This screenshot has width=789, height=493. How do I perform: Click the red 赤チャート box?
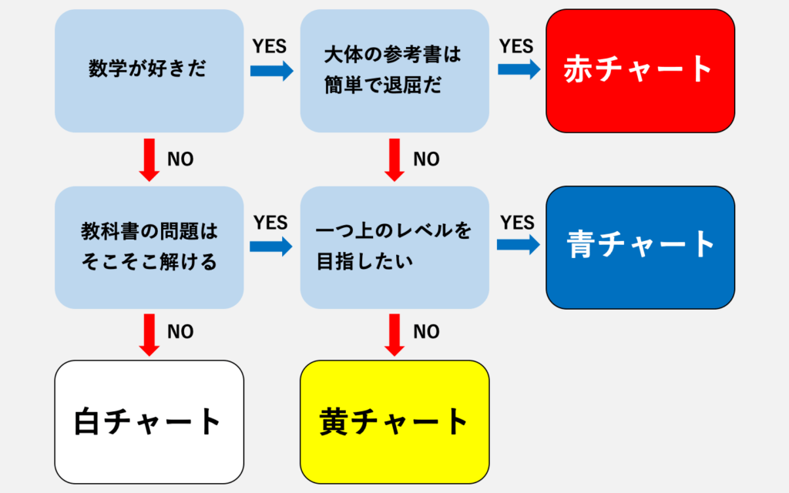pyautogui.click(x=640, y=70)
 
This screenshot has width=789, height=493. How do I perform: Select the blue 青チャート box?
pyautogui.click(x=640, y=246)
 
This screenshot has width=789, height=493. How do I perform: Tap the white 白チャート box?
pyautogui.click(x=149, y=421)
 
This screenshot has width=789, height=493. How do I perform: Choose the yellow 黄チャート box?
pyautogui.click(x=394, y=421)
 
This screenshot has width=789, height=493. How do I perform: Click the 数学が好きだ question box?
pyautogui.click(x=149, y=70)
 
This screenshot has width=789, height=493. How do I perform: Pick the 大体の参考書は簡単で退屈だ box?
pyautogui.click(x=394, y=70)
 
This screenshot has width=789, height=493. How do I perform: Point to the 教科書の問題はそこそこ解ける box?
pyautogui.click(x=149, y=246)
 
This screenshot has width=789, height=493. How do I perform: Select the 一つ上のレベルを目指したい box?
pyautogui.click(x=394, y=246)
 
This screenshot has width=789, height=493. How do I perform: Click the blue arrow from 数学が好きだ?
pyautogui.click(x=271, y=71)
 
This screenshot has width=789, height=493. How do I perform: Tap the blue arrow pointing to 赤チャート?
pyautogui.click(x=519, y=69)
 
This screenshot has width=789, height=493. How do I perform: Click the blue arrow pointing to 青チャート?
pyautogui.click(x=518, y=245)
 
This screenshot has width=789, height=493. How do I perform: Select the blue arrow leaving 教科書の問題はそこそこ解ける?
pyautogui.click(x=271, y=246)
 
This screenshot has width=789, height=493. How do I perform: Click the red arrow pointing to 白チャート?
pyautogui.click(x=149, y=334)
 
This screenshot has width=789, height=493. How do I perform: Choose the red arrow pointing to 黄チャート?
pyautogui.click(x=394, y=334)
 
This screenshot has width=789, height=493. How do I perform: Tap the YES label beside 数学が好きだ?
pyautogui.click(x=270, y=46)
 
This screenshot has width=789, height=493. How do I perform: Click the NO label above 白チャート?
pyautogui.click(x=180, y=332)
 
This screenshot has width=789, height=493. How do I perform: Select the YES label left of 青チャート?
pyautogui.click(x=517, y=223)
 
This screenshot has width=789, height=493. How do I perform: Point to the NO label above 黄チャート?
pyautogui.click(x=426, y=332)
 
